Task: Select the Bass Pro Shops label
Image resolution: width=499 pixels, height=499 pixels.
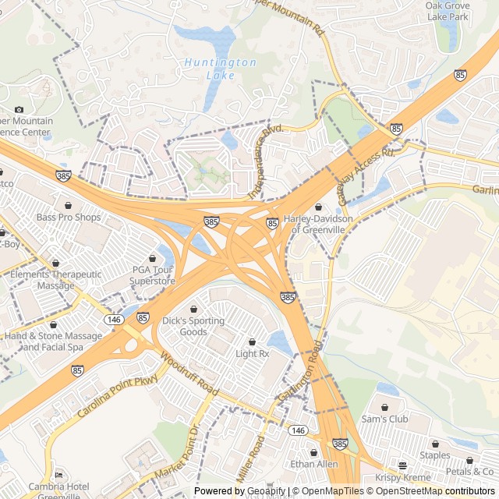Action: click(x=69, y=217)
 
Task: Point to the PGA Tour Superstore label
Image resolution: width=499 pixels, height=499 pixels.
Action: click(x=152, y=274)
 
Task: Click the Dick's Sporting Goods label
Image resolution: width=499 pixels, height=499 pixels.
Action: click(x=193, y=326)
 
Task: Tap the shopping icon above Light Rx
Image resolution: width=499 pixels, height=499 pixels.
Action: click(x=252, y=342)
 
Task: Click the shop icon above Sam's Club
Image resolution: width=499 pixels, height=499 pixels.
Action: click(x=385, y=407)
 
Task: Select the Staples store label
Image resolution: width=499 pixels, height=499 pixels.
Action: click(x=435, y=455)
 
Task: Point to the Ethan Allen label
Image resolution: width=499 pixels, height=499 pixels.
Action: click(x=313, y=464)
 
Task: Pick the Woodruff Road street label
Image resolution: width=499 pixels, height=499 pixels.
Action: click(x=186, y=374)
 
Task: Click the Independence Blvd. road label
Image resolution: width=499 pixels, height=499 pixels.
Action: click(x=264, y=160)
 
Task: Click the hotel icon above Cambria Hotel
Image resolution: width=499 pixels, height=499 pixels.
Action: click(x=58, y=475)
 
